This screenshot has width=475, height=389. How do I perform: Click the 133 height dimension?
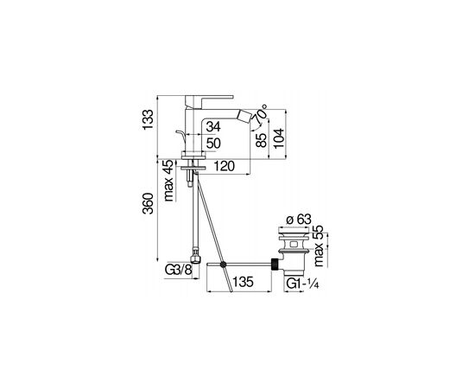(x=149, y=120)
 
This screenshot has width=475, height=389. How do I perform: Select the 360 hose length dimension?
(x=149, y=203)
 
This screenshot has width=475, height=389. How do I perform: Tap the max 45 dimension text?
(x=168, y=181)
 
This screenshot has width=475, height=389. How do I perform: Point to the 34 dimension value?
(x=213, y=126)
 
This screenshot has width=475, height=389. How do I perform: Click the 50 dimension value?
(x=213, y=143)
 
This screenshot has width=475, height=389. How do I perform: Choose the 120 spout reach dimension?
(x=225, y=166)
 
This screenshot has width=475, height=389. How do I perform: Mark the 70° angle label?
(x=260, y=114)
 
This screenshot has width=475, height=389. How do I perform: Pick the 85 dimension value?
(x=261, y=140)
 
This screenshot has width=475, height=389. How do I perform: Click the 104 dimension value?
(x=279, y=138)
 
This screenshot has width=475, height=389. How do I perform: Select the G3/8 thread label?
(x=179, y=270)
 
